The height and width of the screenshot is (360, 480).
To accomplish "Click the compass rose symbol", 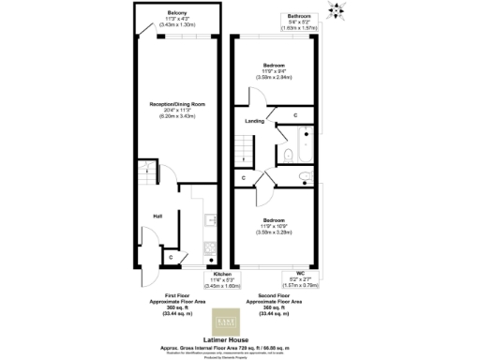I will click(x=337, y=11).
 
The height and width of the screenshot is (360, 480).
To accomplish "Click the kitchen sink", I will click(x=208, y=225).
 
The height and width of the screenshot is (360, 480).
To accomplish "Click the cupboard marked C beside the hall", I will click(x=171, y=256).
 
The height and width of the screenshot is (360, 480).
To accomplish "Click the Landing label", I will click(x=253, y=121).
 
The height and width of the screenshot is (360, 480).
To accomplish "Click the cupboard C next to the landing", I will click(x=295, y=115).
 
